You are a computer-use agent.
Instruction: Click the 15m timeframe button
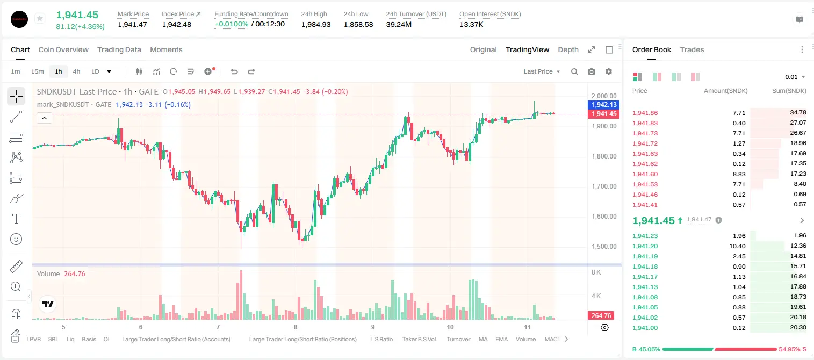[x=38, y=71]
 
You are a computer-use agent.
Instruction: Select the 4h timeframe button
[x=76, y=71]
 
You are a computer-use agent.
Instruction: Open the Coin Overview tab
[x=63, y=50]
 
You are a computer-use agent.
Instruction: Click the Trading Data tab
[x=119, y=50]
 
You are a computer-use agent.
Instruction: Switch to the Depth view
[x=568, y=50]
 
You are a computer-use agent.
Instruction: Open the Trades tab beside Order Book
[x=692, y=50]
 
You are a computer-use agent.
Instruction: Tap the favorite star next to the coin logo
[x=40, y=18]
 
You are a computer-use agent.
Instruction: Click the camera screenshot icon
[x=592, y=71]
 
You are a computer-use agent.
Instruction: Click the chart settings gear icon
[x=609, y=71]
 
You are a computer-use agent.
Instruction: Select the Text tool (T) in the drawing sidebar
[x=16, y=219]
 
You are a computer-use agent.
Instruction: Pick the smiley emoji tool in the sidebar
[x=16, y=239]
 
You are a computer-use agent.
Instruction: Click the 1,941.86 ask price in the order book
[x=645, y=113]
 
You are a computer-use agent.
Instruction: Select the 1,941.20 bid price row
[x=645, y=246]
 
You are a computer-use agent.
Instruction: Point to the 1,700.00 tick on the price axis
[x=604, y=186]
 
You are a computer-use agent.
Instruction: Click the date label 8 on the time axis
[x=296, y=327]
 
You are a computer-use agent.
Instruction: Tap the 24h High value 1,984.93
[x=316, y=24]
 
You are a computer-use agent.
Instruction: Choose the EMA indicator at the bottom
[x=501, y=339]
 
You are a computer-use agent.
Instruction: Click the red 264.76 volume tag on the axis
[x=601, y=316]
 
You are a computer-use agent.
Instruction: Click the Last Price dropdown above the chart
[x=542, y=71]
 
